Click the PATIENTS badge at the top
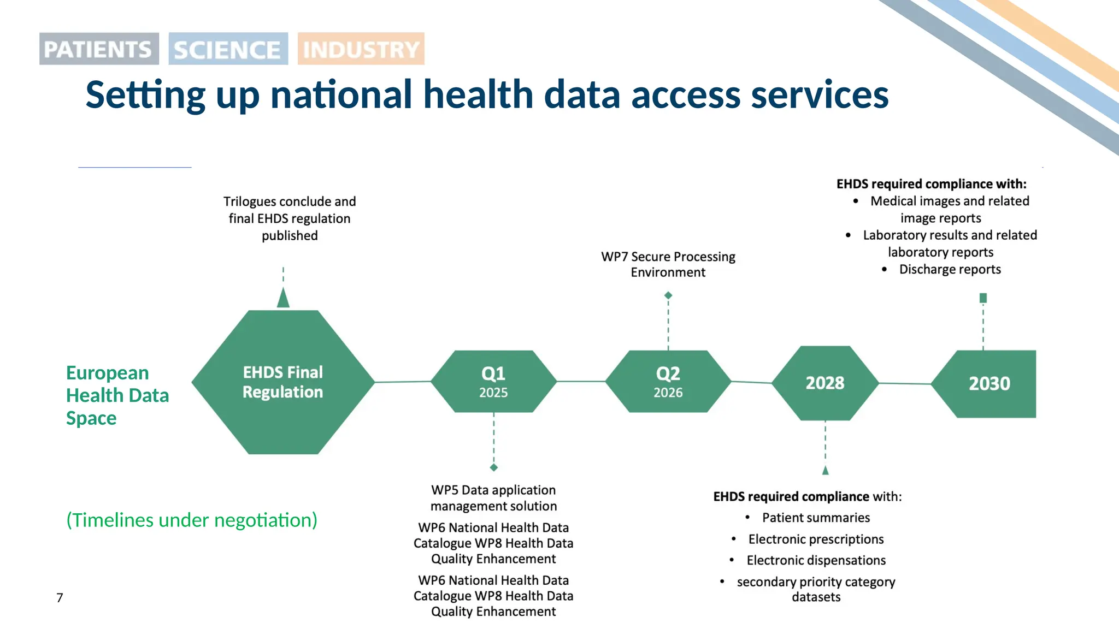tap(99, 49)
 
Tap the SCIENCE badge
tap(228, 49)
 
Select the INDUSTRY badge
tap(361, 49)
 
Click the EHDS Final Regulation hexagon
tap(283, 382)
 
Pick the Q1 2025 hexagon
tap(493, 382)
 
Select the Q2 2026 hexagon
tap(668, 382)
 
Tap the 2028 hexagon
tap(825, 383)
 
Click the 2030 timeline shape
tap(988, 384)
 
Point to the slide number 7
tap(60, 598)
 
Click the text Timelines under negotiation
tap(192, 520)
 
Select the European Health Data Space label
tap(117, 395)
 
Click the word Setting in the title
tap(145, 95)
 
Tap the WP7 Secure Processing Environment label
tap(668, 264)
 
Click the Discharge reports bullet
tap(950, 269)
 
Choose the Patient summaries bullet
tap(816, 518)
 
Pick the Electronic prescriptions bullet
tap(816, 539)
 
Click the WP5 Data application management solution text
tap(493, 498)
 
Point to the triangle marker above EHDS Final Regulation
tap(283, 298)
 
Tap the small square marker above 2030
tap(983, 298)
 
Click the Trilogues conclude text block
tap(290, 218)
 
